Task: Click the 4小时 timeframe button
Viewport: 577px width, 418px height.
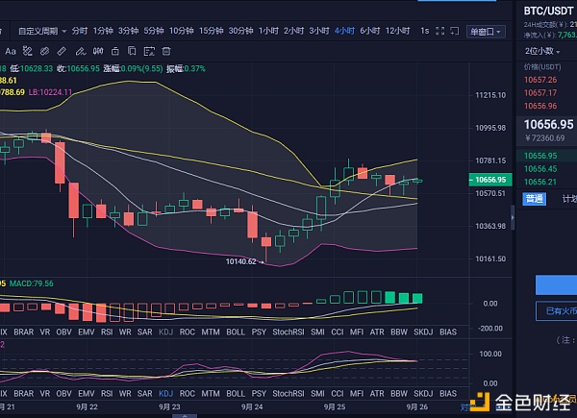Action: point(343,31)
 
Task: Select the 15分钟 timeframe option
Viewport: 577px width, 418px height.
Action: point(211,31)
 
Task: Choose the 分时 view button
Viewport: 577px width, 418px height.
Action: point(79,31)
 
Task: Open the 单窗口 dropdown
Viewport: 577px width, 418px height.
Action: point(485,32)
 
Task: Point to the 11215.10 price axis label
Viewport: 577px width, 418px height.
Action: point(490,95)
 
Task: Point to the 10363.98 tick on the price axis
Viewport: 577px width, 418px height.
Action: point(490,226)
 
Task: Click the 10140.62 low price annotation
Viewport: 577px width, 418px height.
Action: point(240,261)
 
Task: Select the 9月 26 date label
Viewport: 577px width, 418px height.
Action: point(416,406)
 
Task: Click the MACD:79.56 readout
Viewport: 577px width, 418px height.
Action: point(35,283)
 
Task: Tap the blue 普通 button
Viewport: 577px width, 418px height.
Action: point(533,199)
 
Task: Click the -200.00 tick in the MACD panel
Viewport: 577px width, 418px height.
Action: point(490,328)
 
